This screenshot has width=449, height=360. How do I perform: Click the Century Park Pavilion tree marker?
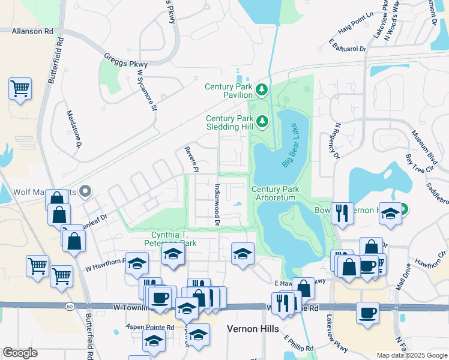[x=262, y=91]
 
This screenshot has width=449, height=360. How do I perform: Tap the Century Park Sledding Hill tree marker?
[x=262, y=122]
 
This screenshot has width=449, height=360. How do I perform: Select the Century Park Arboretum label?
[x=276, y=193]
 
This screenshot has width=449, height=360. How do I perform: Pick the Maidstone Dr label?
[x=77, y=133]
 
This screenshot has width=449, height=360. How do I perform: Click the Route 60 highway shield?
[x=70, y=307]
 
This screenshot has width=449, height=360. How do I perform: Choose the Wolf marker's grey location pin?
[x=85, y=192]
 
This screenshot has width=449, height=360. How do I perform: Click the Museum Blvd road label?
[x=423, y=146]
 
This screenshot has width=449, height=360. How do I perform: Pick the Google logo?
[x=20, y=353]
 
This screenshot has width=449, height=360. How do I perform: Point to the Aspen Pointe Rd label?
[x=149, y=327]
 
